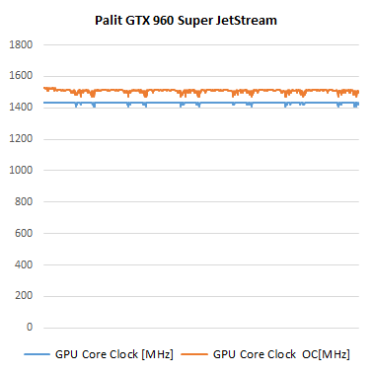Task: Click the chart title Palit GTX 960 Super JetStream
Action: pyautogui.click(x=186, y=18)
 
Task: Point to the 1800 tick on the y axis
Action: pyautogui.click(x=21, y=44)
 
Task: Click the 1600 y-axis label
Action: pyautogui.click(x=21, y=76)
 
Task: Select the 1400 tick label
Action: pyautogui.click(x=21, y=108)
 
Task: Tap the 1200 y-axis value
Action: pyautogui.click(x=21, y=139)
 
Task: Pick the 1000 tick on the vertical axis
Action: pyautogui.click(x=21, y=170)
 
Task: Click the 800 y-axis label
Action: pyautogui.click(x=24, y=201)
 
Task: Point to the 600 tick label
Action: pyautogui.click(x=24, y=233)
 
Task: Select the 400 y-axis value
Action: pyautogui.click(x=24, y=264)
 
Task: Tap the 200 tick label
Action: pyautogui.click(x=24, y=296)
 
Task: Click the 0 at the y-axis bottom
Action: pyautogui.click(x=30, y=328)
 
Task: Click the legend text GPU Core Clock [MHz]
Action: pyautogui.click(x=102, y=353)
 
